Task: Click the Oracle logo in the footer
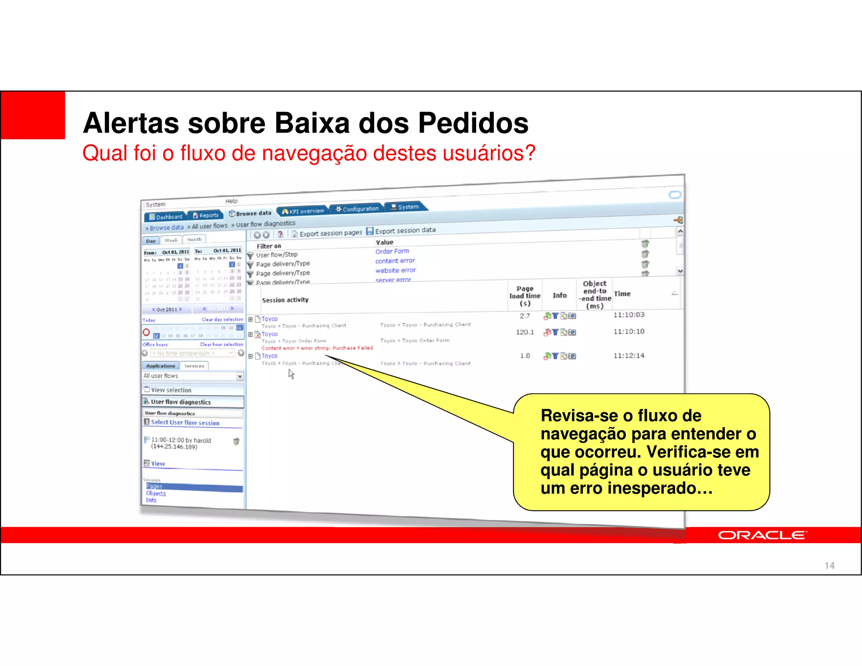point(762,535)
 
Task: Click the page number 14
point(829,565)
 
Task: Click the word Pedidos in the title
point(473,123)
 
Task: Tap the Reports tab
point(205,215)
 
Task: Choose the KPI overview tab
point(303,211)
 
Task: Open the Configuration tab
point(357,209)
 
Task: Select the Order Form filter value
point(392,251)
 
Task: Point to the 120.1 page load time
point(525,332)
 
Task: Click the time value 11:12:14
point(629,356)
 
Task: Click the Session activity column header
point(285,300)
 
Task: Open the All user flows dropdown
point(240,376)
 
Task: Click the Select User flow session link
point(185,423)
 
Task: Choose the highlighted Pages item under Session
point(154,486)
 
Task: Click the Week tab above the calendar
point(171,240)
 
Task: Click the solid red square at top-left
point(33,115)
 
